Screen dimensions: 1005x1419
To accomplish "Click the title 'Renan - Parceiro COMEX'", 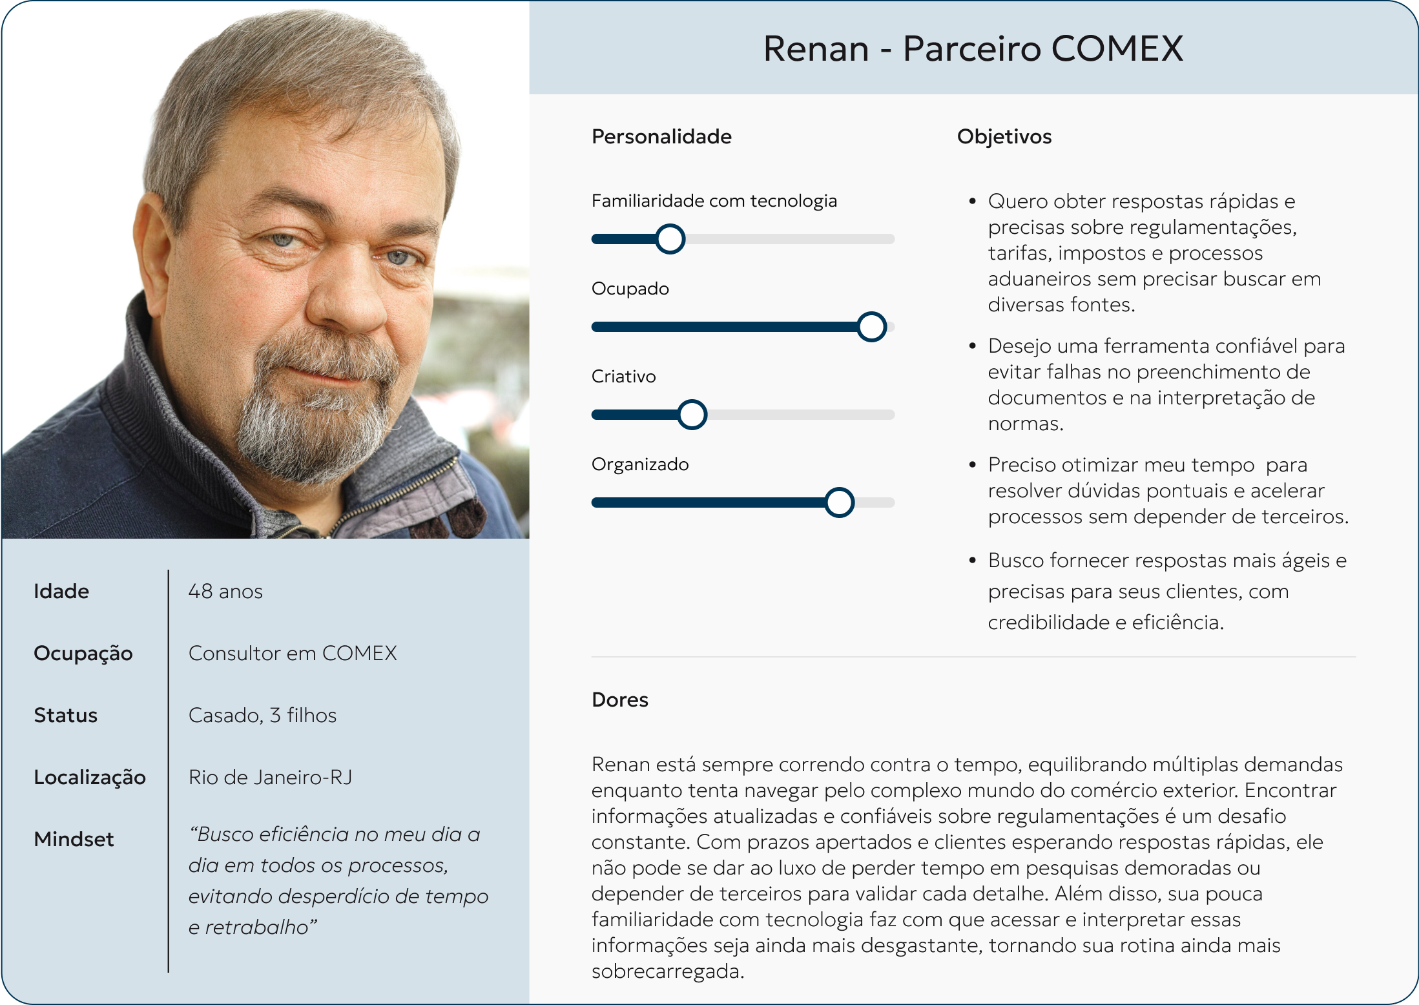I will tap(973, 48).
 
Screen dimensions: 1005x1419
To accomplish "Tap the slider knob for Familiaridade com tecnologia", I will tap(670, 239).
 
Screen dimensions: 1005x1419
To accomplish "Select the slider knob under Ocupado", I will tap(871, 327).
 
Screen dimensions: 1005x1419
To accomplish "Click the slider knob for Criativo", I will tap(692, 415).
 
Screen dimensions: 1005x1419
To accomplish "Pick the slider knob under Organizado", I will tap(839, 502).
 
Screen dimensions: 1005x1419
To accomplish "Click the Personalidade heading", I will tap(661, 137).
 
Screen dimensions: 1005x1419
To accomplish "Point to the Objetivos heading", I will tap(1004, 137).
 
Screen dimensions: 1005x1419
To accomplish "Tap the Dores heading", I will tap(619, 699).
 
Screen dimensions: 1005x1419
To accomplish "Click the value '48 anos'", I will tap(225, 592).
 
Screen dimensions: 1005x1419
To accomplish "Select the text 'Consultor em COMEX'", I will tap(293, 654).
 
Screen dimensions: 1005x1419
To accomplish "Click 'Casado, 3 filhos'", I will tap(262, 716).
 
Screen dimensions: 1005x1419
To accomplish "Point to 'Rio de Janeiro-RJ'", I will tap(270, 778).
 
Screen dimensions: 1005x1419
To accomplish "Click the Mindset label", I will tap(74, 840).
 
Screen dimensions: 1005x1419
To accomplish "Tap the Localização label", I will tap(89, 778).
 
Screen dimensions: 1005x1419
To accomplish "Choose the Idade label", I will tap(61, 592).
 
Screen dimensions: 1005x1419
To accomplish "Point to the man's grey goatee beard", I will tap(310, 420).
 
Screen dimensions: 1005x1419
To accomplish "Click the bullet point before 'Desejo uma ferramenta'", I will tap(972, 346).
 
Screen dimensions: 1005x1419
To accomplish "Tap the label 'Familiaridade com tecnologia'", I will tap(714, 201).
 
